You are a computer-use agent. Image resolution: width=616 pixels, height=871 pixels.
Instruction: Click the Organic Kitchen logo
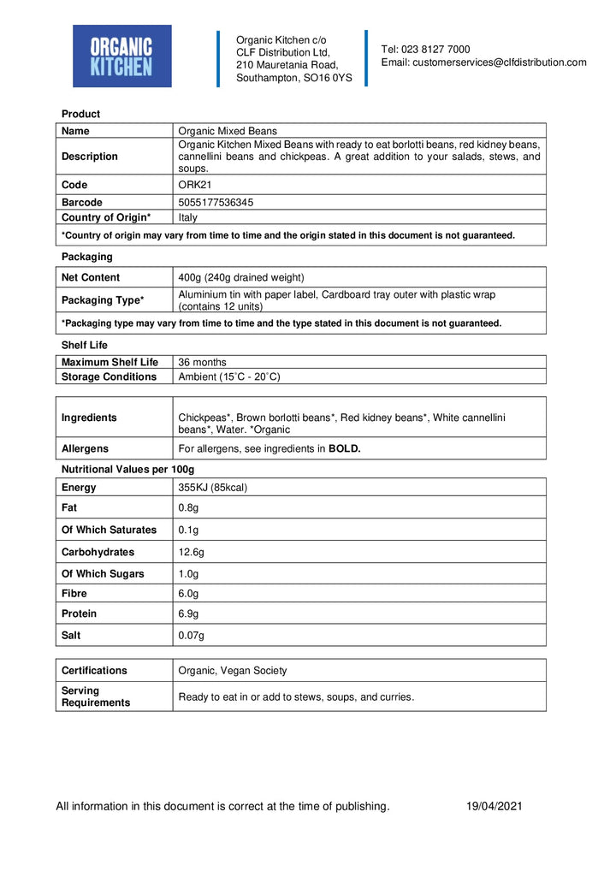pyautogui.click(x=121, y=56)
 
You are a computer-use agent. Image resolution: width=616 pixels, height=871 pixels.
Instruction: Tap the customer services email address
pyautogui.click(x=483, y=62)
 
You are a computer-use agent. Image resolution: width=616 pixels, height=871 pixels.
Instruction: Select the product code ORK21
pyautogui.click(x=192, y=185)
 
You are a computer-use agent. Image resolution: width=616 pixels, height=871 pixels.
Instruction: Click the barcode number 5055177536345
pyautogui.click(x=215, y=203)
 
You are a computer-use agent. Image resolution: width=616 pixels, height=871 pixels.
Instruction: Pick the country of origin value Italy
pyautogui.click(x=187, y=217)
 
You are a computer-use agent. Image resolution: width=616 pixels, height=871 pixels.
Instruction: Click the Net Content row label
pyautogui.click(x=91, y=277)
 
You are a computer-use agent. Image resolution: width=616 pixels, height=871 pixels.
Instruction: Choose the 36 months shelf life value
pyautogui.click(x=202, y=362)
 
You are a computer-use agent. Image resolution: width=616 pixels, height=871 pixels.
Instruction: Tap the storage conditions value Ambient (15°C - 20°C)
pyautogui.click(x=228, y=376)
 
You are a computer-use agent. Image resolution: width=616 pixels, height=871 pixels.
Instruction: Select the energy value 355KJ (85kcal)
pyautogui.click(x=212, y=488)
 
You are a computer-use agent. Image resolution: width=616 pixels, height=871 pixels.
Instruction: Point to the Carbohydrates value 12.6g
pyautogui.click(x=192, y=552)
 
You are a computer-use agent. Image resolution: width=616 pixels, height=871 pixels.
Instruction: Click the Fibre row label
pyautogui.click(x=74, y=593)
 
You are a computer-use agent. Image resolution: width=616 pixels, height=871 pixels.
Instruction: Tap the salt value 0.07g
pyautogui.click(x=191, y=635)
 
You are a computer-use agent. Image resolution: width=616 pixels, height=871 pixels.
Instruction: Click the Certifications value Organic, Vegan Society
pyautogui.click(x=232, y=671)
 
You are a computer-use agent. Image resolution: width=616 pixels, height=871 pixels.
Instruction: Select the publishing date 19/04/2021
pyautogui.click(x=494, y=806)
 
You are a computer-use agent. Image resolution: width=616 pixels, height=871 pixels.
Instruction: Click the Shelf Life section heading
pyautogui.click(x=85, y=345)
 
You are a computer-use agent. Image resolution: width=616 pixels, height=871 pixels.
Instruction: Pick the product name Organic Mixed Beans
pyautogui.click(x=227, y=131)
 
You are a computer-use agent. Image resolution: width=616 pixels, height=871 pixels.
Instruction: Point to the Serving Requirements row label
pyautogui.click(x=96, y=696)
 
